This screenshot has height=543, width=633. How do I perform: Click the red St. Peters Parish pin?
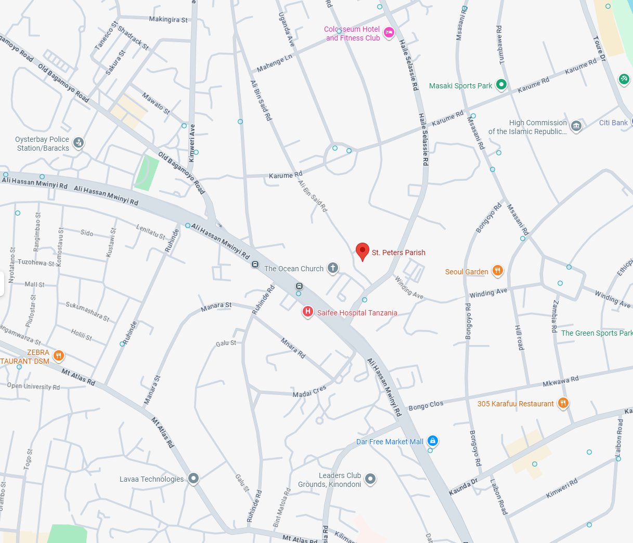pos(363,251)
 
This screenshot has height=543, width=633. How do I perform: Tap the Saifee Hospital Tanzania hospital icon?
pos(308,312)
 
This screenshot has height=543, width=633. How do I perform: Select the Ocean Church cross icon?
pos(333,268)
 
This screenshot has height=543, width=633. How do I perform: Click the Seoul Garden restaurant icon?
pos(498,270)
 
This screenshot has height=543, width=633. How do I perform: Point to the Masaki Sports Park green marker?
pos(501,84)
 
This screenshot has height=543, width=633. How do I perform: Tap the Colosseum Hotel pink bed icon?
pos(389,33)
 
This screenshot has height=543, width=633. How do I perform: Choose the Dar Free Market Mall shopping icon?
pos(432,441)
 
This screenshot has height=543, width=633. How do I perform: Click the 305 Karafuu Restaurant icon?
pos(563,403)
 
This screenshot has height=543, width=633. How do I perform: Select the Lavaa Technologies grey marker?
pos(193,478)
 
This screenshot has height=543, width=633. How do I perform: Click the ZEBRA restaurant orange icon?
pos(59,355)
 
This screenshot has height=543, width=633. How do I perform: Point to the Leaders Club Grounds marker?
pos(370,479)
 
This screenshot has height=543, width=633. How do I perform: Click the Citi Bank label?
pos(613,123)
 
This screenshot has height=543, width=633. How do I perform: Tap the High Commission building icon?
pos(576,126)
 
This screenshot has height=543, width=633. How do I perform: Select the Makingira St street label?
pos(168,20)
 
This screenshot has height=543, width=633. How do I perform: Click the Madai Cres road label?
pos(309,391)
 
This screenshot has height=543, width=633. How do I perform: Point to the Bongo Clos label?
pos(426,406)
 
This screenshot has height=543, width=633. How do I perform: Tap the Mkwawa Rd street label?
pos(560,381)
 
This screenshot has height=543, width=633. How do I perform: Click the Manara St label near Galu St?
pos(216,307)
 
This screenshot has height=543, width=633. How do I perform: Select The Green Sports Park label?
pos(597,333)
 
